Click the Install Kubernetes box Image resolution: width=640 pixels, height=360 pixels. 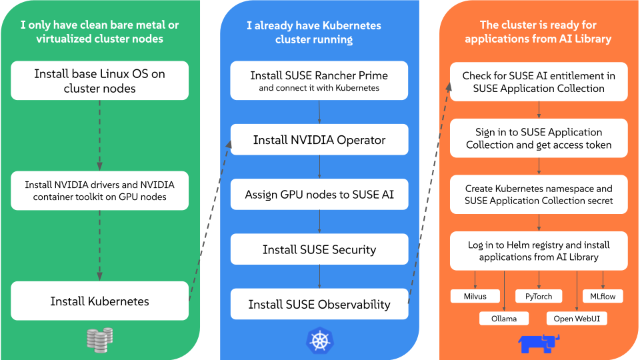click(100, 301)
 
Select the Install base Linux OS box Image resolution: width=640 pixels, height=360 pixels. click(100, 81)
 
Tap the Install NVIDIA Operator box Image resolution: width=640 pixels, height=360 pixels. click(319, 140)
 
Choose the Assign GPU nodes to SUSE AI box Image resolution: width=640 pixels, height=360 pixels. click(319, 195)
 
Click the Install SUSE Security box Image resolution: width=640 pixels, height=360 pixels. click(319, 249)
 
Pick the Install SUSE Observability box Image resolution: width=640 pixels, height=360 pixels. click(319, 304)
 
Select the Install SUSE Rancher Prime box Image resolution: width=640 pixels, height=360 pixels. click(319, 81)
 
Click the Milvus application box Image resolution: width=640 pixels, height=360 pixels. click(475, 296)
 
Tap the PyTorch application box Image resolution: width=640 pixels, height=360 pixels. click(539, 296)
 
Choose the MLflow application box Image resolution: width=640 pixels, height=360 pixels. click(603, 296)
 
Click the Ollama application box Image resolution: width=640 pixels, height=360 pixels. click(504, 318)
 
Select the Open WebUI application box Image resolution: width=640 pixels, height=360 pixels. click(577, 318)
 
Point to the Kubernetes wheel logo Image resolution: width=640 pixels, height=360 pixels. click(319, 340)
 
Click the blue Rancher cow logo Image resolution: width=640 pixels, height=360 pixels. click(539, 342)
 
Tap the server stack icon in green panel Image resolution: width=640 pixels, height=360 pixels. click(100, 339)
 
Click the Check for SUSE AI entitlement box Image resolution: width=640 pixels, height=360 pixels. click(539, 82)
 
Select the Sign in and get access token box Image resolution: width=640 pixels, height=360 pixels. click(539, 138)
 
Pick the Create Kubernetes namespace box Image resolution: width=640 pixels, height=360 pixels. click(539, 195)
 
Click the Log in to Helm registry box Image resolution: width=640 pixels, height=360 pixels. click(539, 251)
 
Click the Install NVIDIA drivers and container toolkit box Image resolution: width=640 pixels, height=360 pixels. click(100, 191)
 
